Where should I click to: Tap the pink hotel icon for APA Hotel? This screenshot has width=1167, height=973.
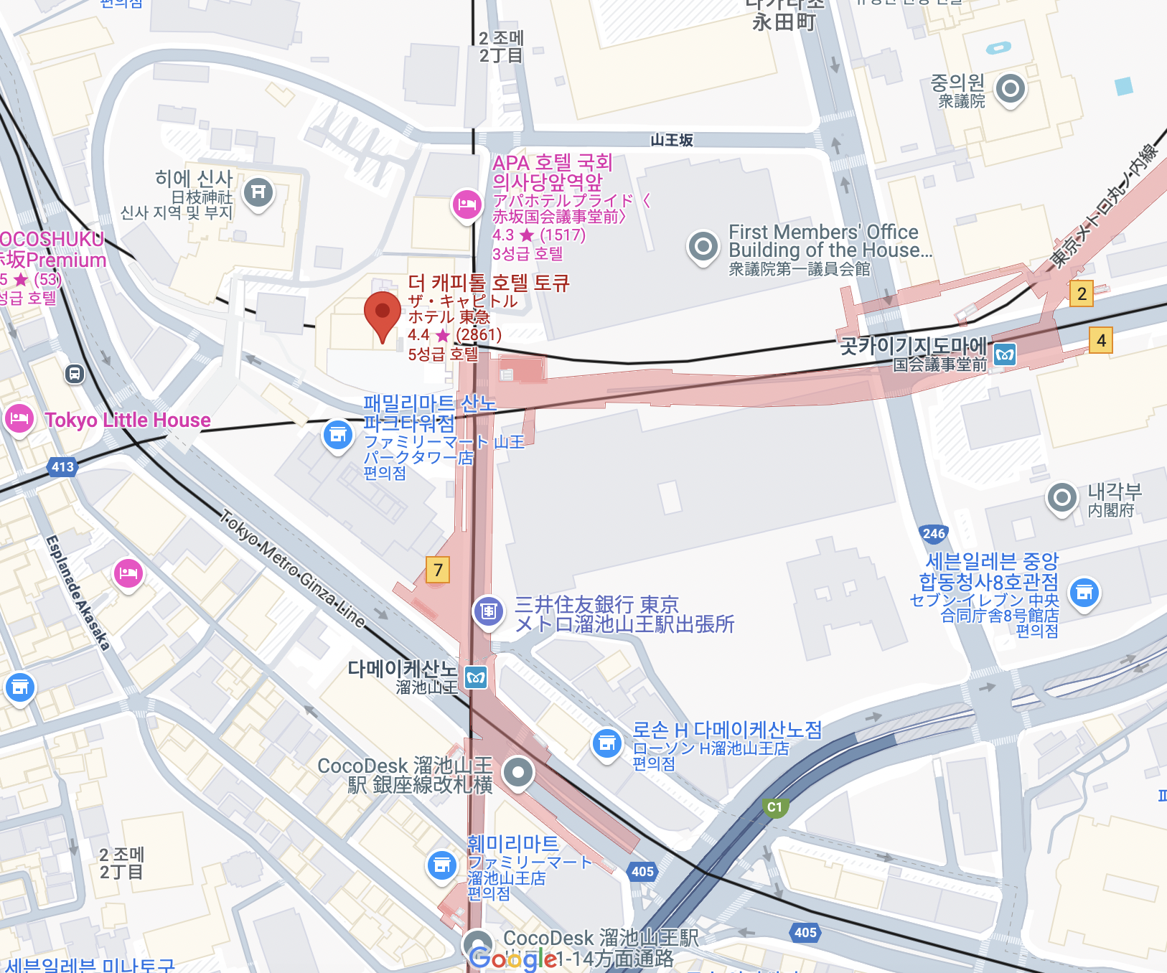(467, 205)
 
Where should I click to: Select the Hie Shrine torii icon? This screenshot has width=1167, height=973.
(258, 192)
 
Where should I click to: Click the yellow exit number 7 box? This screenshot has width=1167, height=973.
(438, 570)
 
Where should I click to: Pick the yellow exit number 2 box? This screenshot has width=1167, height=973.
(1082, 293)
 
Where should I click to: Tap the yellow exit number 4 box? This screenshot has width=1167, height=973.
(1101, 340)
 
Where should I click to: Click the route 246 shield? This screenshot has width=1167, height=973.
(934, 533)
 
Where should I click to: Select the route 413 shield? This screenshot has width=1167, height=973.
(62, 467)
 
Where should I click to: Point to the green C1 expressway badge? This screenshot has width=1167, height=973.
(775, 807)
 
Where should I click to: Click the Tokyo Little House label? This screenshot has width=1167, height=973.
(128, 420)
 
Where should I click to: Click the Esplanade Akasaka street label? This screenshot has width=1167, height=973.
(78, 592)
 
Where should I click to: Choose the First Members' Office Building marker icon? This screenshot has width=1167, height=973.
(703, 247)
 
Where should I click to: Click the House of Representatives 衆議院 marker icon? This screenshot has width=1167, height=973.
(1011, 89)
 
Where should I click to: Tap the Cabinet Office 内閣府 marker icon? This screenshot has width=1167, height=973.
(1062, 497)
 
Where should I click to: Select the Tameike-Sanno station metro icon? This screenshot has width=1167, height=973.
(476, 677)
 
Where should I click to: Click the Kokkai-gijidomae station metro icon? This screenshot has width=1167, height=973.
(1005, 354)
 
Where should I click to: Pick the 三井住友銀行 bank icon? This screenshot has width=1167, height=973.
(488, 611)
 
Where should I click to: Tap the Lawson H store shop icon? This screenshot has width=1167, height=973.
(607, 744)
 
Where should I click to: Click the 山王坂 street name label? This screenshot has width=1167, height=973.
(672, 140)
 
